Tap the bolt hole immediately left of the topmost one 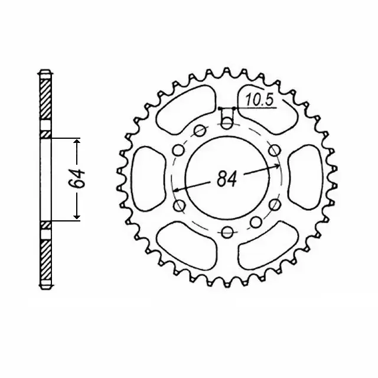point(200,131)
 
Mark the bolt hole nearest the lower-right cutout point(255,222)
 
